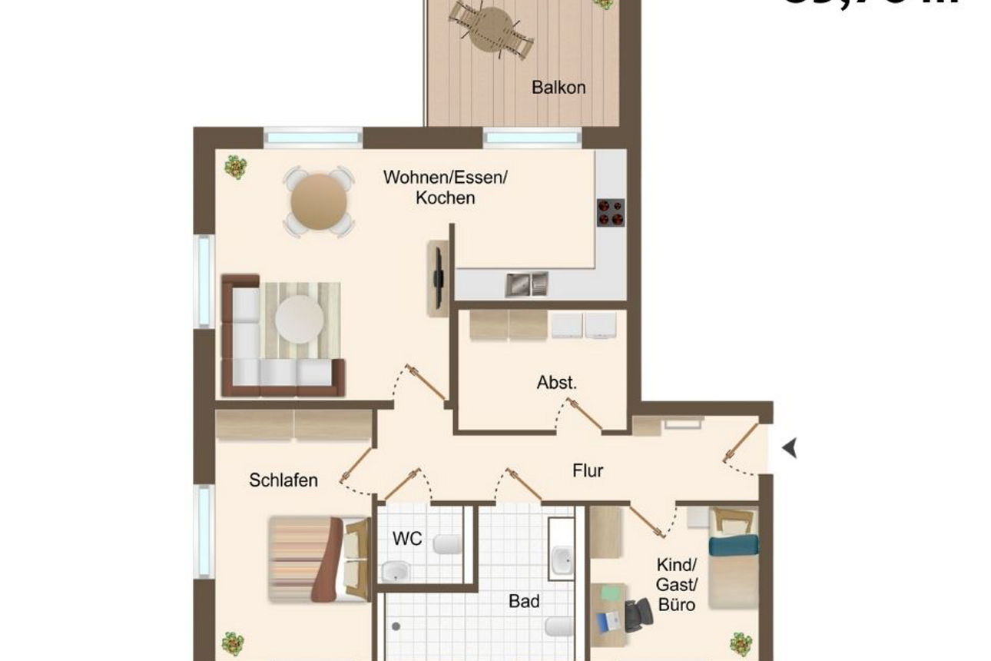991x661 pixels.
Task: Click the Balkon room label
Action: coord(558,87)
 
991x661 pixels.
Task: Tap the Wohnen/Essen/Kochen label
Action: coord(446,188)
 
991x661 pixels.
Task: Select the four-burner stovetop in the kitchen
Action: coord(611,213)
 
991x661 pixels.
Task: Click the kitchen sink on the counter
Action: coord(526,284)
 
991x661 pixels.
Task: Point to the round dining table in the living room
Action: coord(318,201)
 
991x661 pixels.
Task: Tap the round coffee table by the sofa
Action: coord(299,319)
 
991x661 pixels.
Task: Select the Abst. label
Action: coord(556,383)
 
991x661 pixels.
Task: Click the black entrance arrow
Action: coord(790,447)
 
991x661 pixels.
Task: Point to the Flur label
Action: coord(588,470)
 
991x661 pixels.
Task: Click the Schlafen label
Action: coord(283,480)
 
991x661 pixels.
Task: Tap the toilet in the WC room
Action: coord(445,544)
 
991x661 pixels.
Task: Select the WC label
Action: coord(407,539)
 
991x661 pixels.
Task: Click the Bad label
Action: coord(524,600)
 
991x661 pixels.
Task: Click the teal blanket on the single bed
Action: coord(733,546)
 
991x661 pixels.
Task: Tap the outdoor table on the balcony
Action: coord(490,29)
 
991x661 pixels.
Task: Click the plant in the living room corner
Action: coord(235,166)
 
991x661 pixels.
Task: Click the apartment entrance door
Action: coord(740,444)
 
